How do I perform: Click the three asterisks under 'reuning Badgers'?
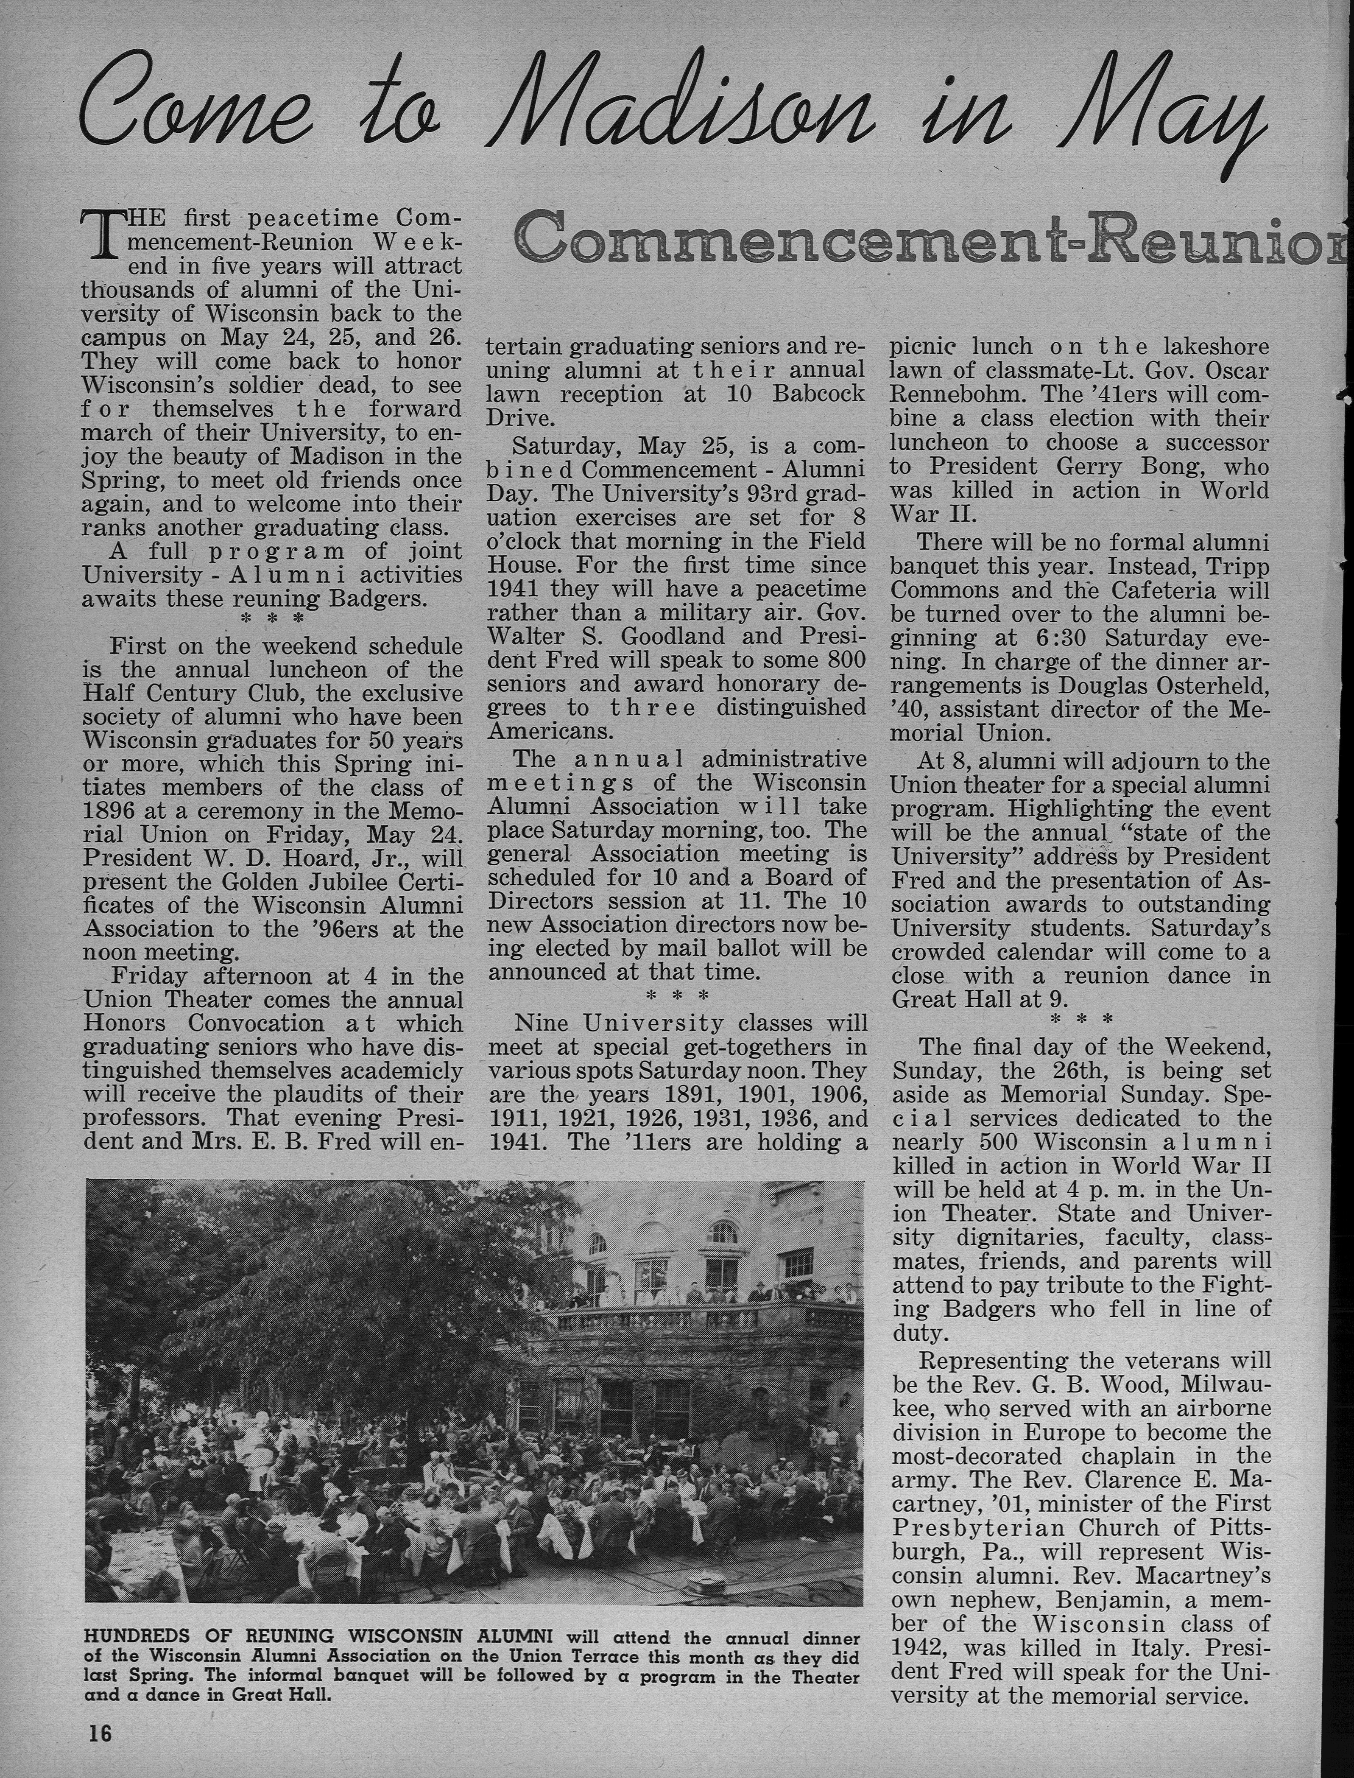(x=274, y=619)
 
